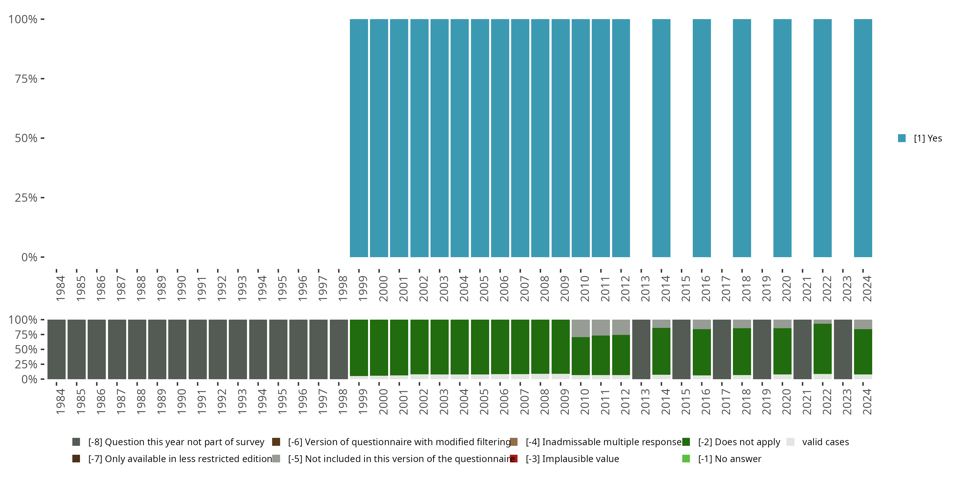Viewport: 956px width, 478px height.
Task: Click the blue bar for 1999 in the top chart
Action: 359,138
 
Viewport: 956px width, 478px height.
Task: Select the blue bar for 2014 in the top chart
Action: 661,138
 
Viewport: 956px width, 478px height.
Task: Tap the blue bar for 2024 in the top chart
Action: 863,138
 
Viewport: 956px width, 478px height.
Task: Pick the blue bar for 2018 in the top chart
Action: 742,138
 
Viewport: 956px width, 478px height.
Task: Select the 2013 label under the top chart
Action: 645,288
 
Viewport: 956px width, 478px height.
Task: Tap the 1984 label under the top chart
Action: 61,288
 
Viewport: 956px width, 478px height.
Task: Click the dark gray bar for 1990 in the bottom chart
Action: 177,349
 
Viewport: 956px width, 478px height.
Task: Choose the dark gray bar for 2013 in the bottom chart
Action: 641,349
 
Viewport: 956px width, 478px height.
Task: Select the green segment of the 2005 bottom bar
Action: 480,347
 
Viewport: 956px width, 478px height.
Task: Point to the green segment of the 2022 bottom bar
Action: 822,349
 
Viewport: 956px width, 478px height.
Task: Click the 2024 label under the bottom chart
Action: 866,402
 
